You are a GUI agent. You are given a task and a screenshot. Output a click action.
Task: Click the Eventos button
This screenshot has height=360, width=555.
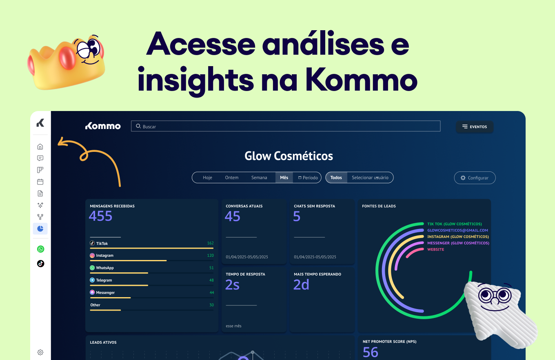coord(474,127)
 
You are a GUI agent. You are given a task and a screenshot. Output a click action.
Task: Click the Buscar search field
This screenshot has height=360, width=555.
coord(286,126)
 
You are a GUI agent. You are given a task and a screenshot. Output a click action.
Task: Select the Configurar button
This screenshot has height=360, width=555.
coord(475,178)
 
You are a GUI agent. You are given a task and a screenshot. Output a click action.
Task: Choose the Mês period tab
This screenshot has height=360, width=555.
coord(284,178)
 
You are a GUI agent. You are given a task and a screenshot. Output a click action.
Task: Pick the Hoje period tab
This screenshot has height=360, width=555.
coord(207,178)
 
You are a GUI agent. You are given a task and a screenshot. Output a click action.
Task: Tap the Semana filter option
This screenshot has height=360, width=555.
coord(259,178)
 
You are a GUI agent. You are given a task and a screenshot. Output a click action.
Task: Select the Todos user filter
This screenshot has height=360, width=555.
coord(336,178)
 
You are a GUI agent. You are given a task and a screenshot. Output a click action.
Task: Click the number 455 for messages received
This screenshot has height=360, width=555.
coord(100,216)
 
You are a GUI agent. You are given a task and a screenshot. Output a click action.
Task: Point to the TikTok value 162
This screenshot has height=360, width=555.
coord(210,243)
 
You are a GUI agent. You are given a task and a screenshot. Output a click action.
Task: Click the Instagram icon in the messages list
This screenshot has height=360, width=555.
coord(92,256)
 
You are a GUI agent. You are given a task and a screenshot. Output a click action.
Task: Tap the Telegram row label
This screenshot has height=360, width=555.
coord(104,280)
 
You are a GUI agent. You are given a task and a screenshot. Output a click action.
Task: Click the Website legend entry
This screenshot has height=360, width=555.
coord(435,249)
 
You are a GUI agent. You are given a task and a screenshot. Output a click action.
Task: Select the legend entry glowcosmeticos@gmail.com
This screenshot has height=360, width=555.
coord(457,230)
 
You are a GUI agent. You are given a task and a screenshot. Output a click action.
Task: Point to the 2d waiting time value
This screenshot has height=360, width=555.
coord(301,285)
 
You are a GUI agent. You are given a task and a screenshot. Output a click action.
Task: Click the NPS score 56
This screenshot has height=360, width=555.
coord(371,352)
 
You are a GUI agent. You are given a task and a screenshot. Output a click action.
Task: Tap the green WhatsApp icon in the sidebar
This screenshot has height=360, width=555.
coord(40,249)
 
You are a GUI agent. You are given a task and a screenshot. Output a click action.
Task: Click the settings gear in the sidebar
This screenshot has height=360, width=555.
coord(40,352)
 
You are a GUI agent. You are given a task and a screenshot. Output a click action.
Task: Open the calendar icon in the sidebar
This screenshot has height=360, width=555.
coord(40,182)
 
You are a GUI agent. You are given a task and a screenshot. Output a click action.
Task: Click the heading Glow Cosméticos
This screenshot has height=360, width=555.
coord(289,156)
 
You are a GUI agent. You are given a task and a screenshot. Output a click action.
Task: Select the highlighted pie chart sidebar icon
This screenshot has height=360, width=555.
coord(40,229)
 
